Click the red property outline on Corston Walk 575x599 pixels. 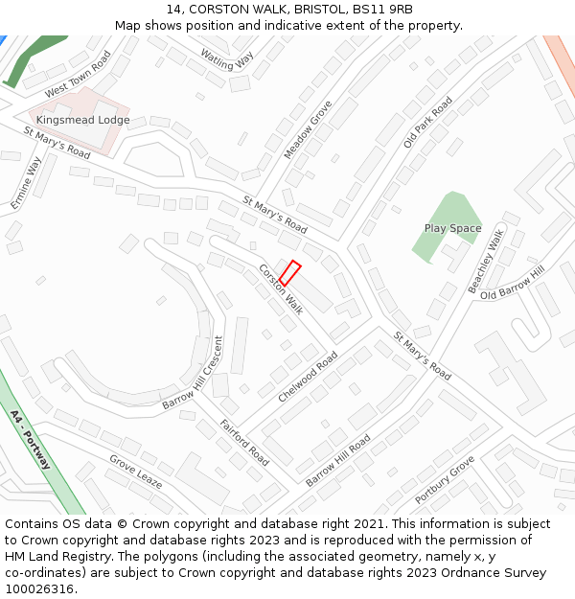290,273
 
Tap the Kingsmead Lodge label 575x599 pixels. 83,120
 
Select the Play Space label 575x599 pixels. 452,228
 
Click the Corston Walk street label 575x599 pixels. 281,289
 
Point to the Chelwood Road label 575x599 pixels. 308,377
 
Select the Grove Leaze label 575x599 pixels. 135,471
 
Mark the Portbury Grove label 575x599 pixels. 445,481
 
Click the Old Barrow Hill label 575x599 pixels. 512,283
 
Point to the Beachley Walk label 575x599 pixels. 485,262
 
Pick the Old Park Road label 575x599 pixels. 427,122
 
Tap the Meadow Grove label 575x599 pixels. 308,129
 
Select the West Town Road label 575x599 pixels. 78,74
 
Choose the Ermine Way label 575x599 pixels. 26,183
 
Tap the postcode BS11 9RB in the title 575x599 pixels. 381,9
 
